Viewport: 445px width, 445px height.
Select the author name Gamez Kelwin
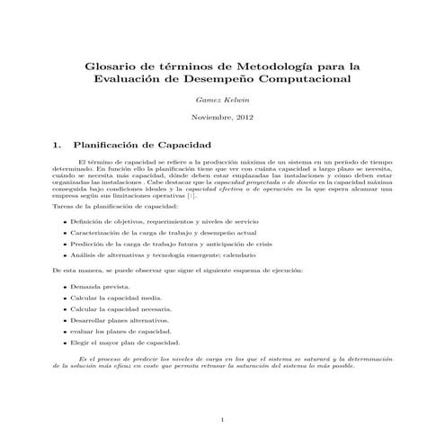[221, 99]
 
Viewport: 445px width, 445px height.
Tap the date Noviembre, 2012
[221, 118]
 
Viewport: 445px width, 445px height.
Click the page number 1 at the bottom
[222, 421]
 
